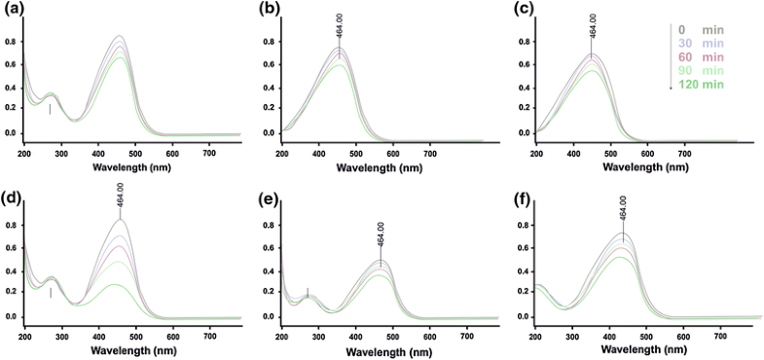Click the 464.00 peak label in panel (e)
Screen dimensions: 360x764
pos(380,235)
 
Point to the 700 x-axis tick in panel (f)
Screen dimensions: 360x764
pos(720,336)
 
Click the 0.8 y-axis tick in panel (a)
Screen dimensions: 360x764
pos(10,42)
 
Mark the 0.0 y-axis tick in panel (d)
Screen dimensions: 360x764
pos(10,316)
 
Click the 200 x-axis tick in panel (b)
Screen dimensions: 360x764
pos(282,152)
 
